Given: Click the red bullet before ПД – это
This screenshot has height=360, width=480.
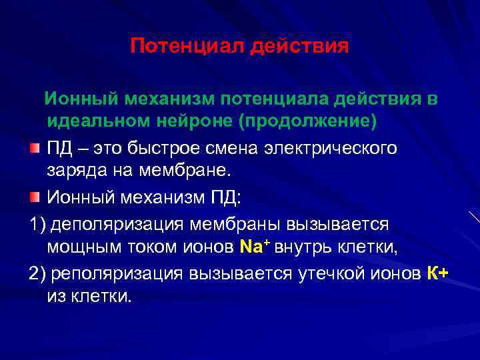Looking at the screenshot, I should pyautogui.click(x=35, y=147).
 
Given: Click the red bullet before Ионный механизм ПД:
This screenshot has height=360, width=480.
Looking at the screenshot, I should pyautogui.click(x=35, y=197).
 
